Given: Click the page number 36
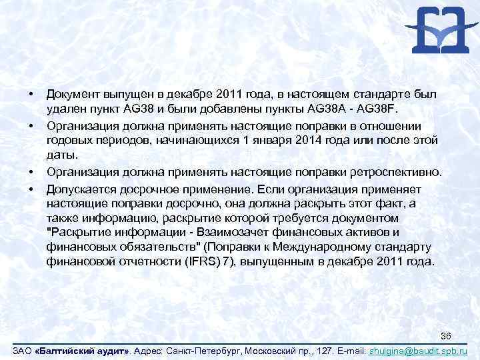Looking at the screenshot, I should click(447, 335).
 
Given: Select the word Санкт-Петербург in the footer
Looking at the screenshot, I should click(203, 350).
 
